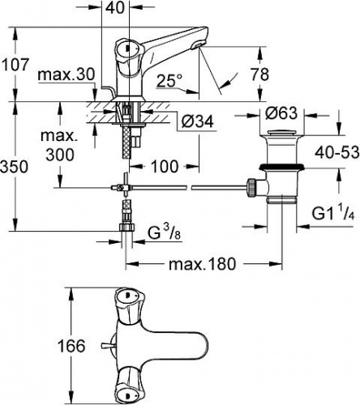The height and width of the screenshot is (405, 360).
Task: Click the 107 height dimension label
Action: point(15,65)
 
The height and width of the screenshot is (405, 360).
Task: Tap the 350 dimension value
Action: point(14,167)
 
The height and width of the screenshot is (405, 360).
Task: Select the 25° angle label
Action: point(169,80)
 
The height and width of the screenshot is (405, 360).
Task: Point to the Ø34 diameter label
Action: point(197,122)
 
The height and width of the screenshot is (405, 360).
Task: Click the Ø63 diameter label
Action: point(281,113)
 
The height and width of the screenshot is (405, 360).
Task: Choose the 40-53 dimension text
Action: point(337,152)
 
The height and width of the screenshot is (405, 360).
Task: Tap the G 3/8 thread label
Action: point(165,232)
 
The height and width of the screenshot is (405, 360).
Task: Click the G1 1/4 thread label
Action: point(333,213)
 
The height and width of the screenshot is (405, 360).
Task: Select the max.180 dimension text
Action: point(202,264)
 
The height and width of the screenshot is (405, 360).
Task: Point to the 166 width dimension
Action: point(71,346)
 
